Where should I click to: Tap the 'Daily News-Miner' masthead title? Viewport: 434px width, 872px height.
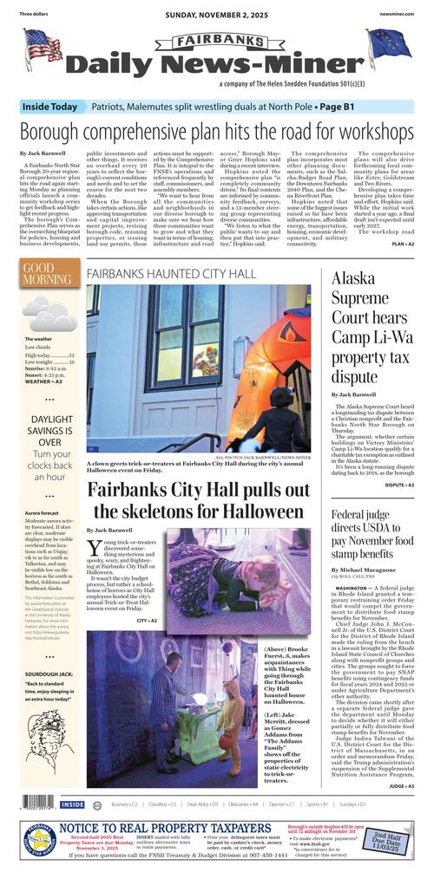tap(216, 64)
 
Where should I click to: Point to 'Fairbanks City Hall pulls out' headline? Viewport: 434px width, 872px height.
tap(199, 501)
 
